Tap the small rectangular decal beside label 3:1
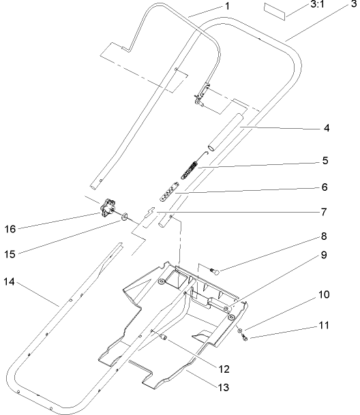pos(277,12)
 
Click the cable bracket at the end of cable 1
pos(202,94)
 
